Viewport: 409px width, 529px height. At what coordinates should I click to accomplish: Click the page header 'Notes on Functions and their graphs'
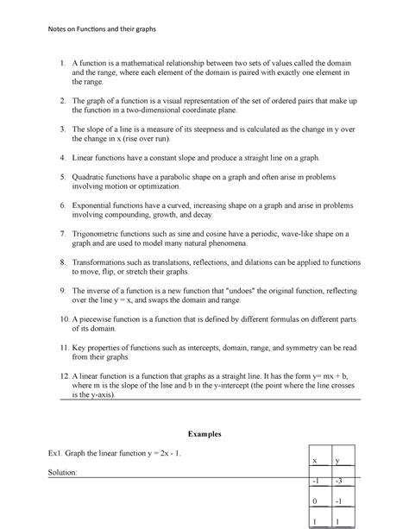(x=93, y=30)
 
